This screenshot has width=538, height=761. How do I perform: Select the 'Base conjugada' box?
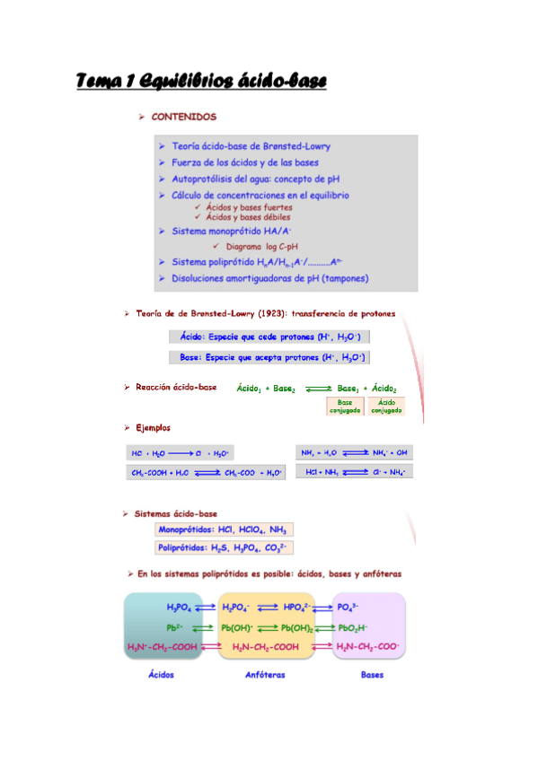tap(345, 407)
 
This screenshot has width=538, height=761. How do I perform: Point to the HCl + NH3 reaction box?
tap(354, 471)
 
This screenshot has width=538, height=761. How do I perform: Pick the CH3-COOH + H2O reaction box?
tap(207, 472)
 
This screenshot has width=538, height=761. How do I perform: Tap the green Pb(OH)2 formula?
tap(296, 626)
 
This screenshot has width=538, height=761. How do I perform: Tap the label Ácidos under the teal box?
tap(161, 675)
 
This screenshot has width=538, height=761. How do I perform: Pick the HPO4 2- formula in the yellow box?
tap(298, 608)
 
